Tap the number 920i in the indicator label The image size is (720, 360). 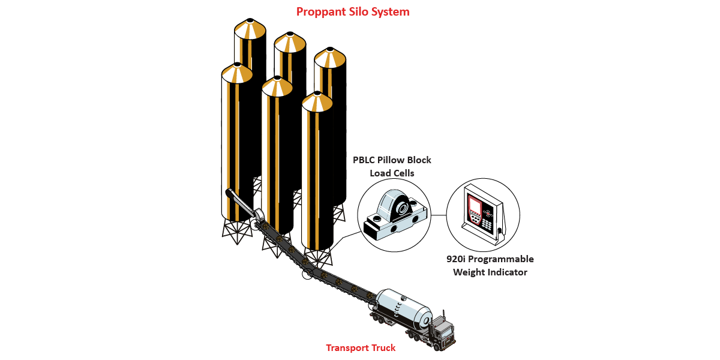coord(458,259)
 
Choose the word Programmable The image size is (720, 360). coord(502,259)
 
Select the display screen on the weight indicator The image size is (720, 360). coord(475,207)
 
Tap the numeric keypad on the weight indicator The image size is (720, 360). coord(487,223)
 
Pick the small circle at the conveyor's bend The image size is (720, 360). coord(307,274)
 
